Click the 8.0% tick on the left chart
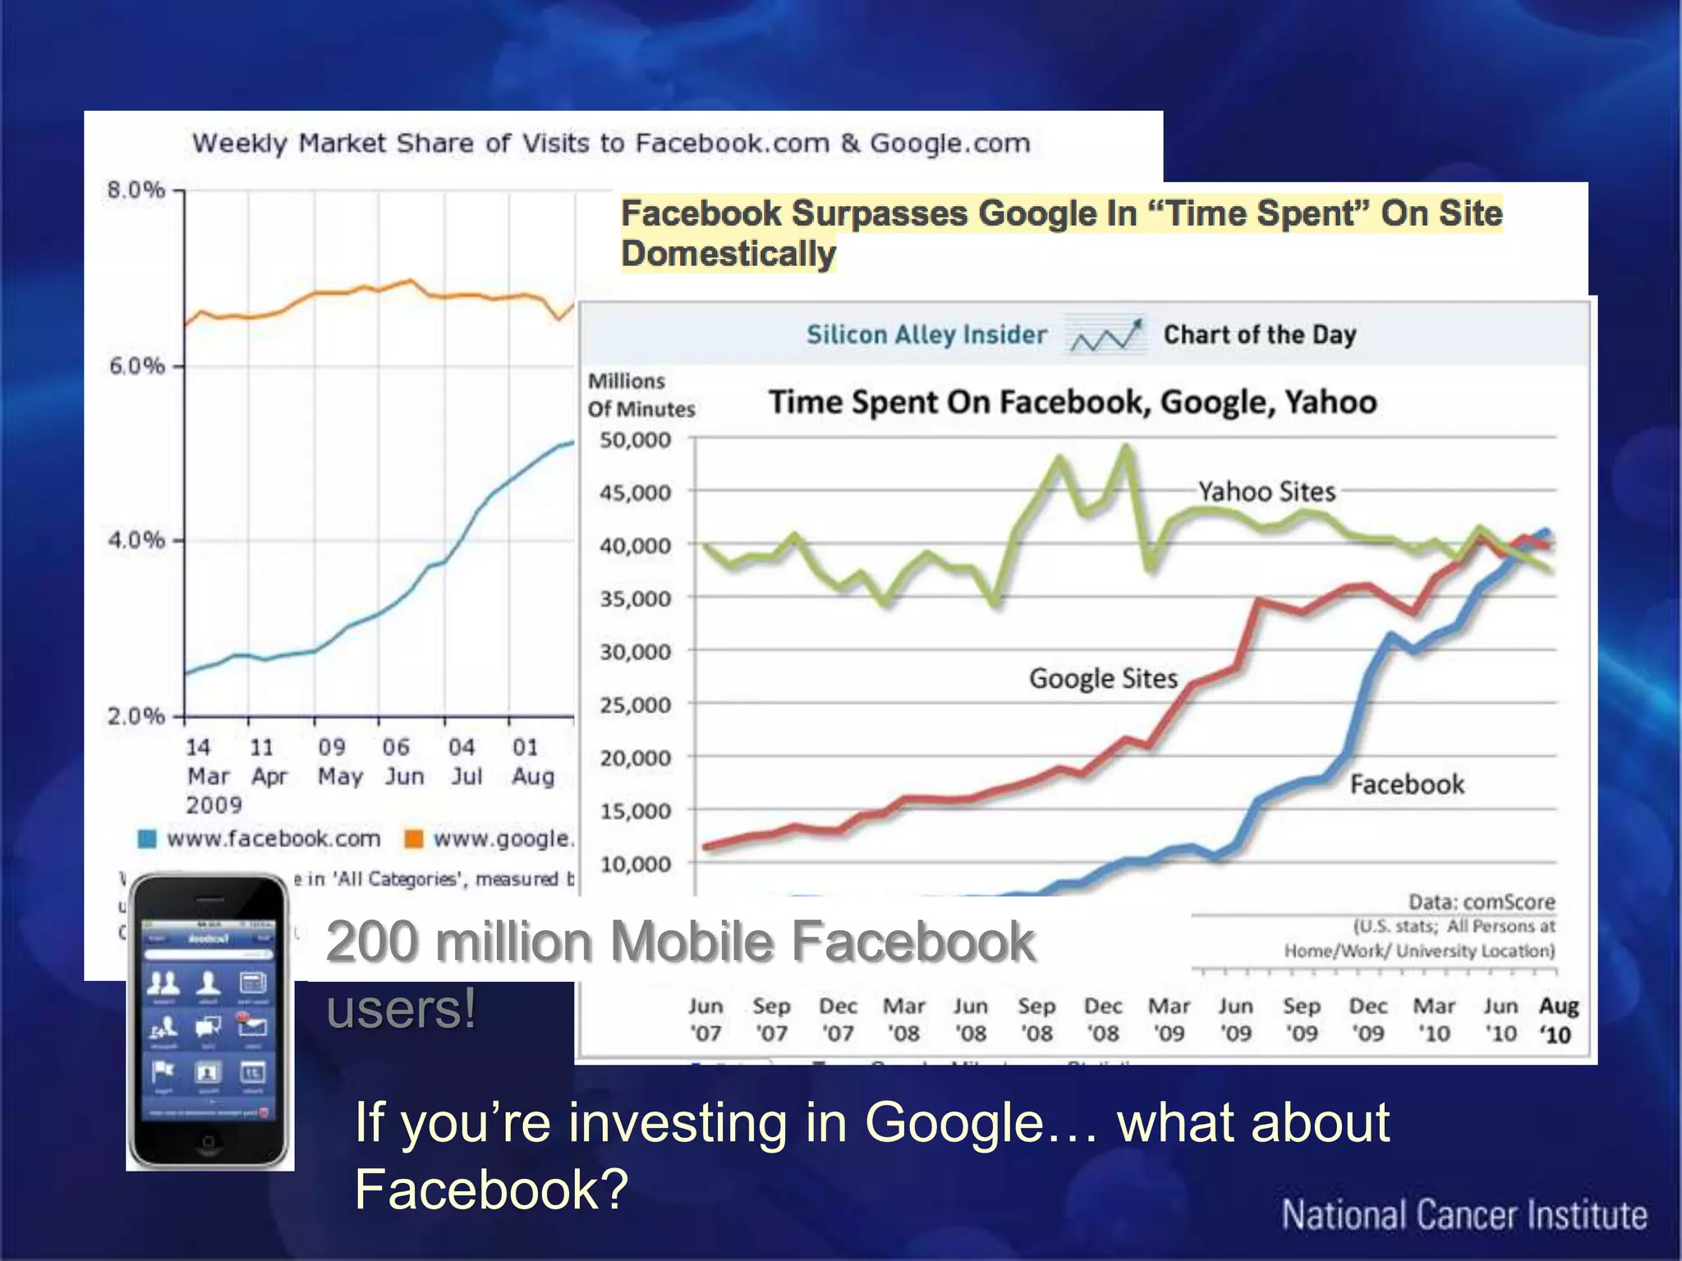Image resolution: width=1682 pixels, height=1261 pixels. point(136,190)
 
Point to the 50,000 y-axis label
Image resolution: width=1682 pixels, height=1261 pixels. point(635,440)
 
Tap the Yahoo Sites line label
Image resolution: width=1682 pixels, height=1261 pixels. point(1266,492)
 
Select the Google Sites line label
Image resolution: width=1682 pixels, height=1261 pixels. point(1103,679)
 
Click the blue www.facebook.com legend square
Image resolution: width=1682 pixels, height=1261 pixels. point(147,838)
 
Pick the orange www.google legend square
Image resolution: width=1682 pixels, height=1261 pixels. point(414,838)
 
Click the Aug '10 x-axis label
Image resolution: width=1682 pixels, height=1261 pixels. point(1558,1020)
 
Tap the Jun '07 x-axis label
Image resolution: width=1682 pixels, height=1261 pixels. point(705,1020)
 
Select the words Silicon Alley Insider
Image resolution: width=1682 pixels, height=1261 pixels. point(926,335)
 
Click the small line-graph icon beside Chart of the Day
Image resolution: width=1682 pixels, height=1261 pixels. point(1105,335)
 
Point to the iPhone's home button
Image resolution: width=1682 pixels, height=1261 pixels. point(208,1142)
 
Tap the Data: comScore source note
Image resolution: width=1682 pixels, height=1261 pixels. point(1482,902)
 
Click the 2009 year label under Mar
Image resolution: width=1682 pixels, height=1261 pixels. point(214,805)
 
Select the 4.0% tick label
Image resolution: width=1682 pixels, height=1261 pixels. point(136,540)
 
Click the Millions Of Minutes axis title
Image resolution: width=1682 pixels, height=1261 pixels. point(641,395)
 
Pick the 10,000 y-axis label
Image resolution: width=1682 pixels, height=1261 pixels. point(635,864)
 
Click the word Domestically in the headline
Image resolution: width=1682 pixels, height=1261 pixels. point(728,254)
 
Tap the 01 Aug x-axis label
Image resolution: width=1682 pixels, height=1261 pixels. point(532,761)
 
